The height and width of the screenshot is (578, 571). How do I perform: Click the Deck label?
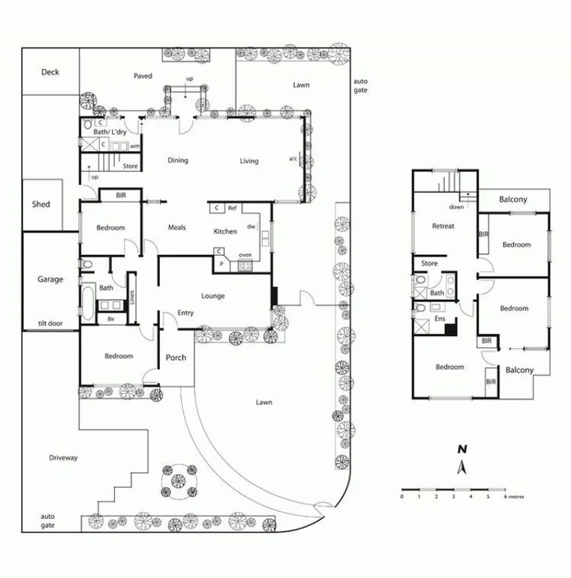click(50, 72)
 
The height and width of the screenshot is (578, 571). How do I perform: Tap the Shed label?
click(41, 204)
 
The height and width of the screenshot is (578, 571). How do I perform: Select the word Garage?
click(50, 279)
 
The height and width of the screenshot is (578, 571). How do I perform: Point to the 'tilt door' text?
click(51, 324)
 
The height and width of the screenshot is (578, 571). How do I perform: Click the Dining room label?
click(178, 160)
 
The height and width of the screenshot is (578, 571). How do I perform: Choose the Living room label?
click(249, 160)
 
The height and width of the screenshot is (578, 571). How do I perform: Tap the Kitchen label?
click(225, 230)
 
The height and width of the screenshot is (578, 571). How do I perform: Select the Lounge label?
click(213, 296)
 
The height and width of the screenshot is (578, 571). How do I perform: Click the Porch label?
click(176, 358)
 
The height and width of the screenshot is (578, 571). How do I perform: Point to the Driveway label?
click(63, 458)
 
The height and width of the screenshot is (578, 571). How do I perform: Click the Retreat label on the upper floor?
click(443, 226)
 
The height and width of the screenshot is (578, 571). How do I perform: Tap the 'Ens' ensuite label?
click(439, 318)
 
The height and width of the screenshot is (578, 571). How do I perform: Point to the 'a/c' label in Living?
click(293, 158)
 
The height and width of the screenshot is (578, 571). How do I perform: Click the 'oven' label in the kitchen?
click(245, 255)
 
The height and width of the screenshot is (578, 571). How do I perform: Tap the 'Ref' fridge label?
click(232, 208)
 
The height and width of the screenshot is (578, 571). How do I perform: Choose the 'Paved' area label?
click(143, 76)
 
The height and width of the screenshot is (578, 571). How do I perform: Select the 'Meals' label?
click(177, 228)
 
